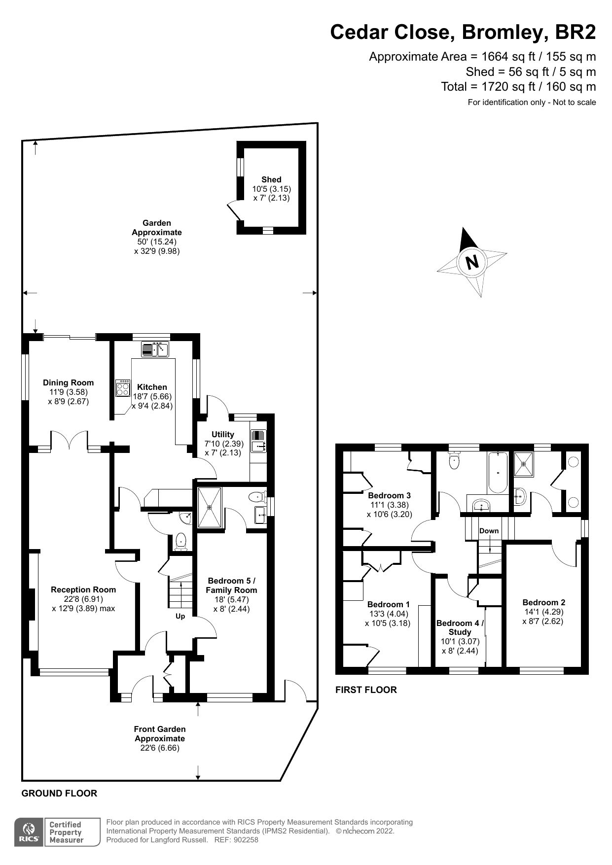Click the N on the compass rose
click(x=472, y=261)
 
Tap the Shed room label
click(x=271, y=180)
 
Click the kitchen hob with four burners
click(x=123, y=388)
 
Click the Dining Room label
click(x=68, y=383)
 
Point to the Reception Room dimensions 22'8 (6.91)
click(x=83, y=599)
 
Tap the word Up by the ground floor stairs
click(x=180, y=616)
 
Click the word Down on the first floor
click(x=489, y=531)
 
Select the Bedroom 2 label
click(x=543, y=602)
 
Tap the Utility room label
click(x=222, y=434)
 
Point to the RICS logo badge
click(x=28, y=832)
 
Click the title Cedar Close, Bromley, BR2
click(x=463, y=32)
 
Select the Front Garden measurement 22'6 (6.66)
click(x=159, y=748)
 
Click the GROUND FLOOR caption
click(x=59, y=793)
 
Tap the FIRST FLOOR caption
click(x=366, y=690)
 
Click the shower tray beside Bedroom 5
click(x=210, y=507)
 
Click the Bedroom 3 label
click(x=389, y=495)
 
